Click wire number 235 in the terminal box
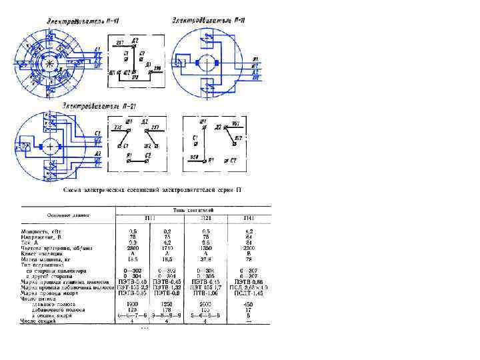118,127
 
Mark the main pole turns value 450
249,304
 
